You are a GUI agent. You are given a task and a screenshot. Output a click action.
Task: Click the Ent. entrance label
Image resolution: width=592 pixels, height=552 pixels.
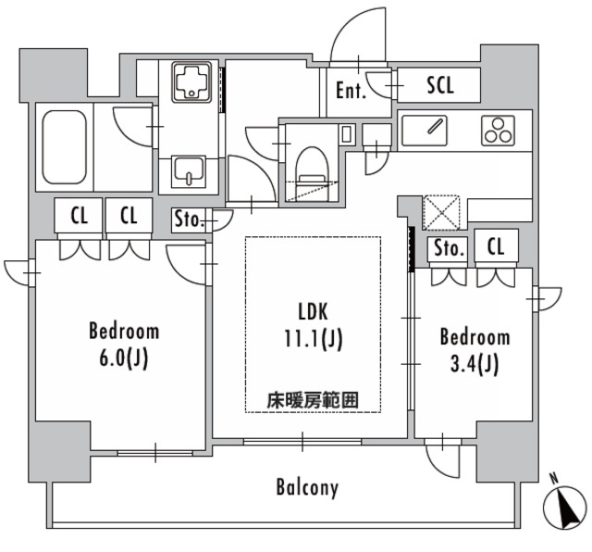tap(351, 91)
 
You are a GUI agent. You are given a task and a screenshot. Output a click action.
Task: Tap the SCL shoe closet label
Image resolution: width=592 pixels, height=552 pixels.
tap(440, 85)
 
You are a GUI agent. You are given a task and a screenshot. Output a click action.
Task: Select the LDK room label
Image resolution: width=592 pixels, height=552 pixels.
tap(312, 311)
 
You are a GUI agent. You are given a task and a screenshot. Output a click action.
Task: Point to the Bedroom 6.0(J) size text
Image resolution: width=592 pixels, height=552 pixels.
tap(124, 356)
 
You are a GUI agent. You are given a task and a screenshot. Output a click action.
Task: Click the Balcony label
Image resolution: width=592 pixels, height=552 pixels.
tap(307, 487)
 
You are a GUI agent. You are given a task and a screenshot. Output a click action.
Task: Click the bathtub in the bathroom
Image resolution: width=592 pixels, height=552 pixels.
tap(63, 146)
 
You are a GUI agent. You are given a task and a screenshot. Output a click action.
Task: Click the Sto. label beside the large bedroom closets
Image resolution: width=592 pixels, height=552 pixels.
tap(190, 220)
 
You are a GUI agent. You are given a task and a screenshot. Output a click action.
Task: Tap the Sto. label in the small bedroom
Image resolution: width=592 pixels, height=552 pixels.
tap(448, 248)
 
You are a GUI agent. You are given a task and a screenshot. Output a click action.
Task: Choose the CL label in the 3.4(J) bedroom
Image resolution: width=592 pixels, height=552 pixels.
tap(496, 248)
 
